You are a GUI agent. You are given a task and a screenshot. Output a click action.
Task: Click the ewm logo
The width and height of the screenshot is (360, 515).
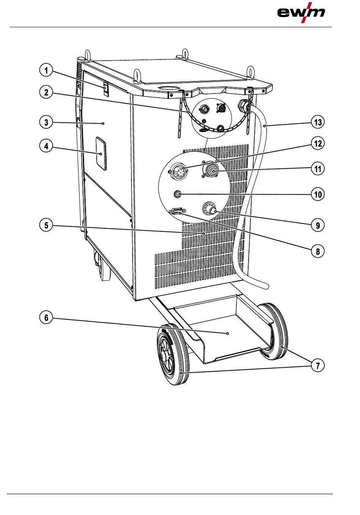(301, 12)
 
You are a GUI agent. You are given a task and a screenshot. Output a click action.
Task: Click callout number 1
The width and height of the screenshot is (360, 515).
(46, 70)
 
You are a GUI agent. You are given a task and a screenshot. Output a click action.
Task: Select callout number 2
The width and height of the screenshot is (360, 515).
(46, 92)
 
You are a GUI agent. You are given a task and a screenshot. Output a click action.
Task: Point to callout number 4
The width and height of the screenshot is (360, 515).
(46, 146)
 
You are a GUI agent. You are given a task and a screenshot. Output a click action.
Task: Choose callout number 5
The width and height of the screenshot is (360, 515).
(46, 225)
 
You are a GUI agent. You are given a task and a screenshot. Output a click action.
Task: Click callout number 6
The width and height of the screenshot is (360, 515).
(46, 317)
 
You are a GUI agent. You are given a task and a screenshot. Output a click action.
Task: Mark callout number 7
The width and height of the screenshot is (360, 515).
(318, 366)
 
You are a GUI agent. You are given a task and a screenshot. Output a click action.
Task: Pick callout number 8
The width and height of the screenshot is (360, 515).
(318, 251)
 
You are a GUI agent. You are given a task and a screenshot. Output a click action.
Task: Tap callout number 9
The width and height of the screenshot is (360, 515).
(318, 225)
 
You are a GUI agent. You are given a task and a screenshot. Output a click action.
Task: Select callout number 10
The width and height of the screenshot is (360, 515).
(318, 194)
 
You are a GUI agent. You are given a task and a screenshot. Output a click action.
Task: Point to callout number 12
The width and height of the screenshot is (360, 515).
(318, 144)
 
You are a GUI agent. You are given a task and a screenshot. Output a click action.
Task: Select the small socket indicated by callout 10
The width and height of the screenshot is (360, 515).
(177, 194)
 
